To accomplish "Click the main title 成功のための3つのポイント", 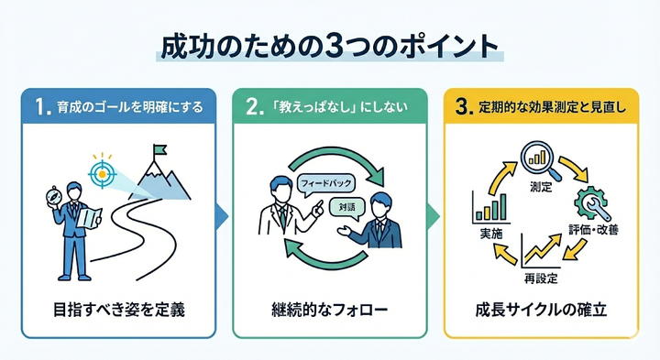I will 330,46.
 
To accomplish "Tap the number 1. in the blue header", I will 40,107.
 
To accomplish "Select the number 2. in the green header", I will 254,107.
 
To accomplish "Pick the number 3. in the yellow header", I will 466,107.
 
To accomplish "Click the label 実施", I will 491,234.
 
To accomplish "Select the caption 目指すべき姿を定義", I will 119,309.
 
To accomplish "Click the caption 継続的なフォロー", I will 330,309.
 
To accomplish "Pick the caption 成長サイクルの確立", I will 541,309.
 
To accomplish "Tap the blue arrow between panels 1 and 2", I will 220,216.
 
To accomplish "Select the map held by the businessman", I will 88,216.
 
